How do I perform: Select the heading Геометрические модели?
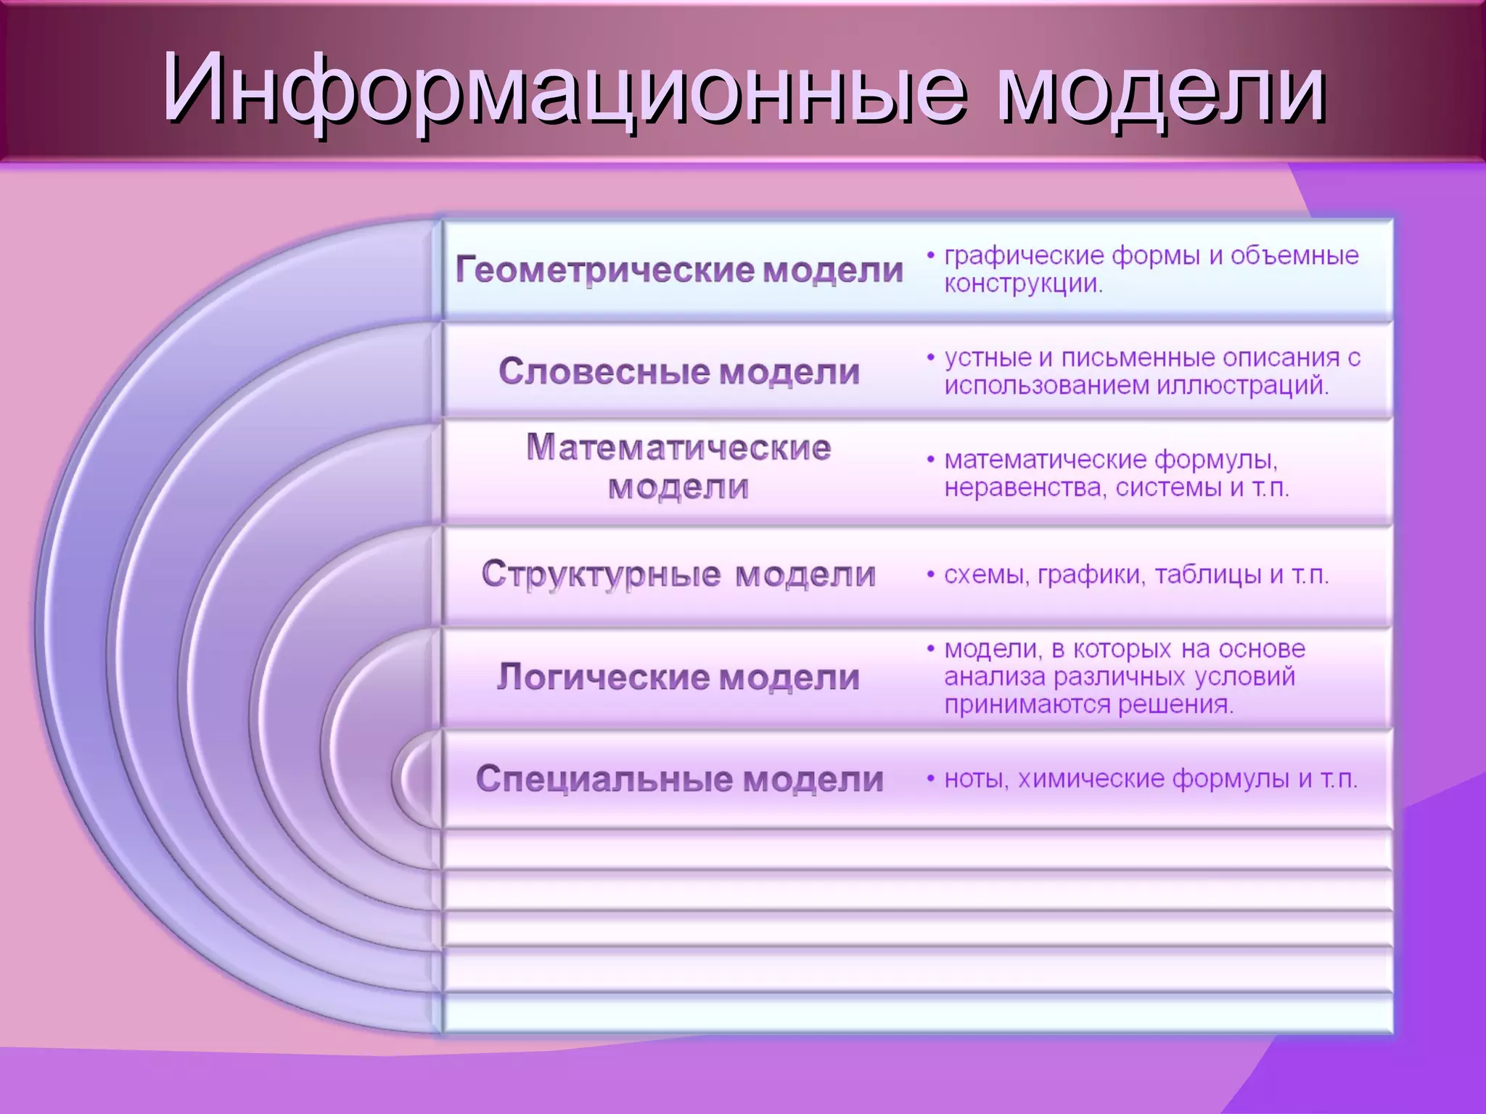point(679,270)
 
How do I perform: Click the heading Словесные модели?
point(679,371)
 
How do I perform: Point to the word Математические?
point(679,447)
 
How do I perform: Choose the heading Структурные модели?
point(679,574)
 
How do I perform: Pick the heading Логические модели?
point(679,677)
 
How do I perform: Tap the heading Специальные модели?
point(679,779)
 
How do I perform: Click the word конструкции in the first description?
point(1023,284)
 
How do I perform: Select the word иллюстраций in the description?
point(1243,385)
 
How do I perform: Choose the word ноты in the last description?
point(976,779)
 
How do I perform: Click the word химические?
point(1091,779)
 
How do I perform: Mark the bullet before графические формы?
point(930,256)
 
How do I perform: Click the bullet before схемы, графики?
point(930,575)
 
